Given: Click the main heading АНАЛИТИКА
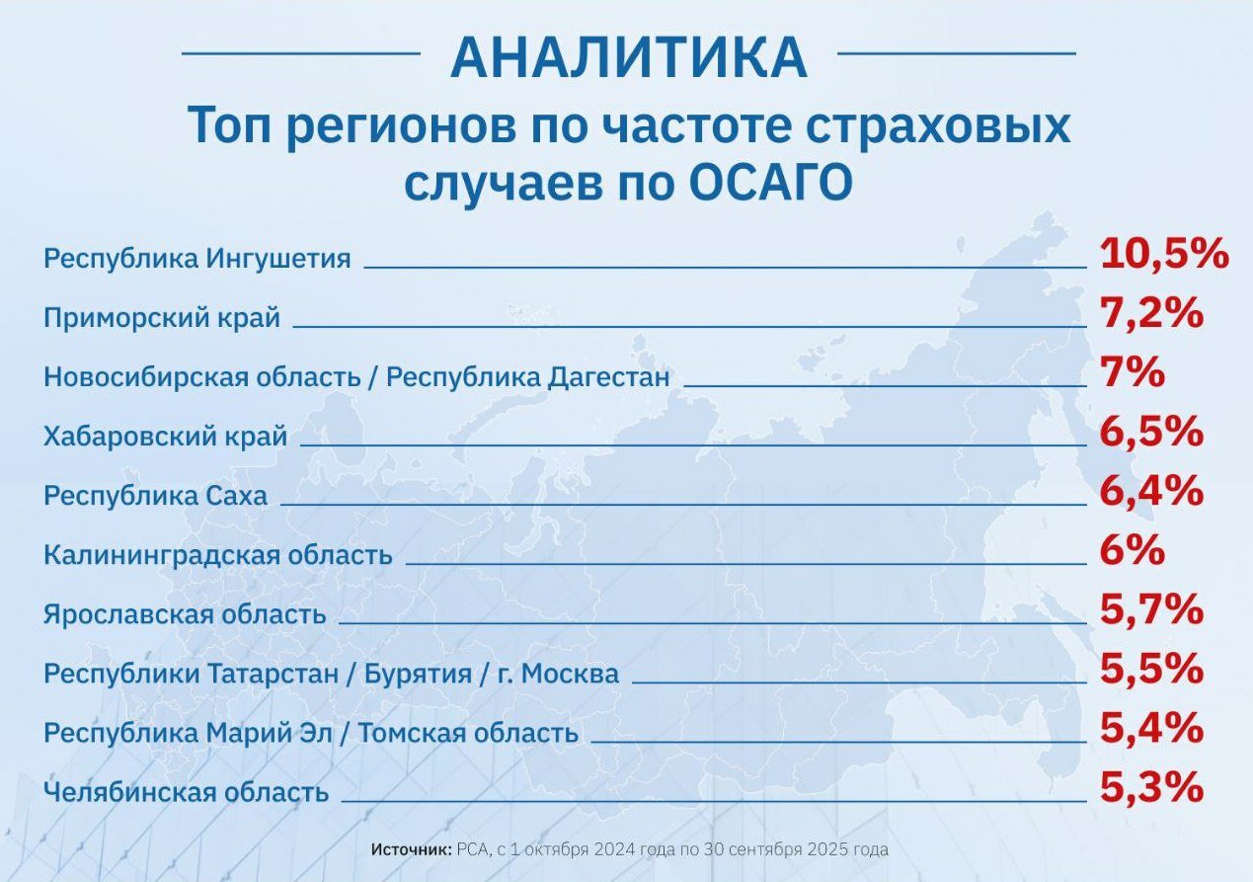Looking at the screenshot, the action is click(629, 57).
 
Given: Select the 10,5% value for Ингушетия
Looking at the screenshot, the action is click(1164, 254).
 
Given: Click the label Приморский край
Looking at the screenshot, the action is click(162, 318).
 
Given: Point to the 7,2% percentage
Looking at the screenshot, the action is click(1151, 313).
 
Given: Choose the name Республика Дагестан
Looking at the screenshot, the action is click(528, 377).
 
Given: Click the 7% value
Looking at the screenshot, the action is click(1133, 372).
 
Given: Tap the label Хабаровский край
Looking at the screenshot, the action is click(166, 437).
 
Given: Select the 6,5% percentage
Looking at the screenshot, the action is click(1151, 432).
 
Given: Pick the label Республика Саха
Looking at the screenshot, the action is click(155, 497).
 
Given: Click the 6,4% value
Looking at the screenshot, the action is click(1151, 491).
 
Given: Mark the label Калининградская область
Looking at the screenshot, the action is click(218, 555).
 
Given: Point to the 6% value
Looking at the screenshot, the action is click(1133, 551).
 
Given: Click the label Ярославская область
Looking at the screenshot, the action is click(185, 614).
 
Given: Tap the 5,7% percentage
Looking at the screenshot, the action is click(1151, 610).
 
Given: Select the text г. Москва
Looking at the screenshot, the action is click(558, 674).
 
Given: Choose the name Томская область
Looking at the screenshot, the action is click(468, 733).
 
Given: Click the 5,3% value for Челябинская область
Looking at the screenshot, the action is click(1151, 788).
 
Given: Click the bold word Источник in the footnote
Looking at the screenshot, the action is click(411, 849).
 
